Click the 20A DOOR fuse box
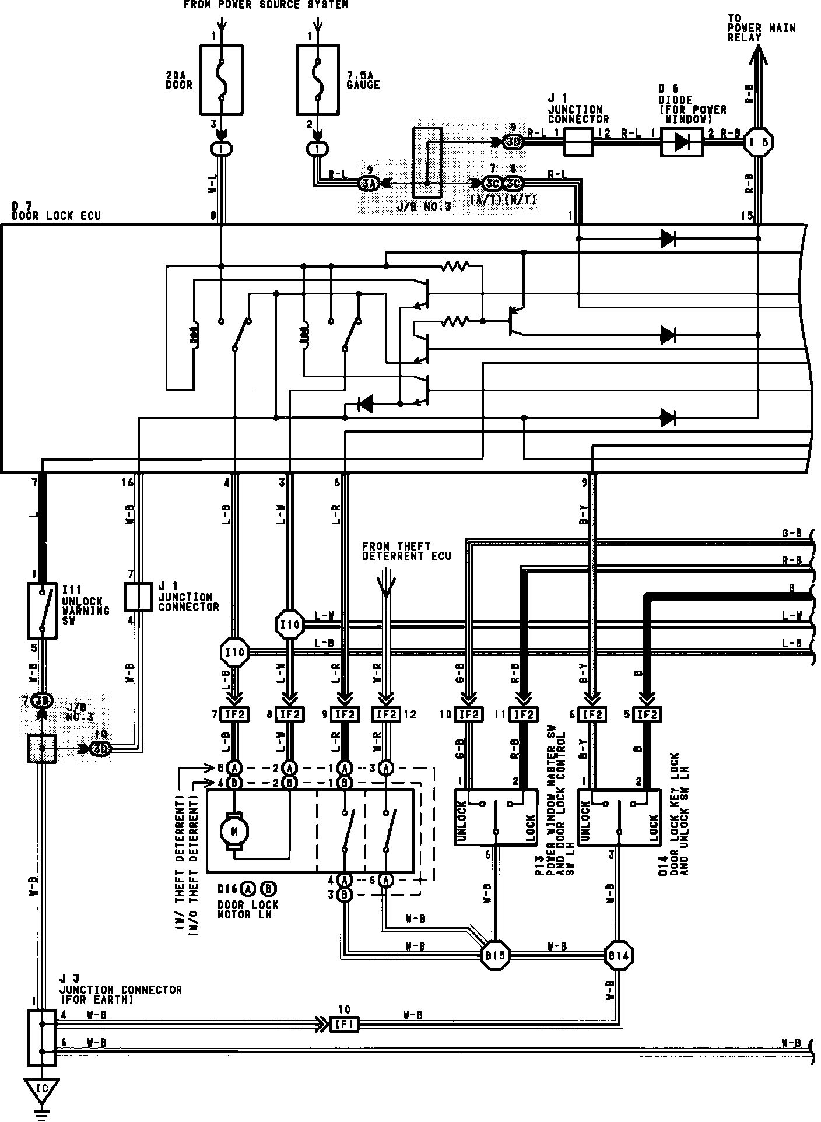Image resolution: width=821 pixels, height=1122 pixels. click(x=221, y=80)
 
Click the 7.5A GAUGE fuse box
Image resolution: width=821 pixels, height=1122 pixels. click(x=318, y=80)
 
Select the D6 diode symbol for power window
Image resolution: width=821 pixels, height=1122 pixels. click(x=682, y=142)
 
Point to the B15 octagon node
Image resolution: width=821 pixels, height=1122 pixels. click(x=496, y=955)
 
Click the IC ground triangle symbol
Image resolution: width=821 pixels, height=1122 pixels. click(x=42, y=1088)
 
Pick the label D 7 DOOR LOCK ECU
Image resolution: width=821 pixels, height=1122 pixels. click(x=56, y=211)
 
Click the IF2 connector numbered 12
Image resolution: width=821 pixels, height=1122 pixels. click(x=385, y=714)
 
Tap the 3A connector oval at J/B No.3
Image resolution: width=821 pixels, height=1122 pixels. click(x=369, y=184)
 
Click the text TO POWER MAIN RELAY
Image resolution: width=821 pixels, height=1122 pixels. click(x=760, y=28)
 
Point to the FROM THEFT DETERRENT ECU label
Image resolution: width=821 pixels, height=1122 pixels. click(x=406, y=551)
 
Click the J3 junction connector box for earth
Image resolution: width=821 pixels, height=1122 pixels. click(x=42, y=1037)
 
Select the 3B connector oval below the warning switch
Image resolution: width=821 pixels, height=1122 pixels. click(x=42, y=700)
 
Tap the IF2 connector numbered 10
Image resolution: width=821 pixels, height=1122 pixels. click(x=469, y=714)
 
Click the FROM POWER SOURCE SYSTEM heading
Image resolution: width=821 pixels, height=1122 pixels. click(x=266, y=5)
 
